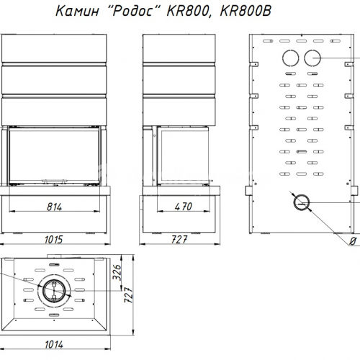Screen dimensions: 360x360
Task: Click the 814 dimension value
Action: point(54,207)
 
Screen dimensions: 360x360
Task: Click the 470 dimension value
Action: point(184,207)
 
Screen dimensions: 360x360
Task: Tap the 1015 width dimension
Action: point(54,240)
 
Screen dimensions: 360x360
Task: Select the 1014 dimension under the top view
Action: point(54,345)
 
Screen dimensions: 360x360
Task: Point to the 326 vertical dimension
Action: point(117,273)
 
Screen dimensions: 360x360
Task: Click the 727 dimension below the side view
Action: point(179,240)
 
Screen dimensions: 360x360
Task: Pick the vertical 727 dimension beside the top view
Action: point(129,294)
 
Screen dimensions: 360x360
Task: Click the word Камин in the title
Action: point(77,11)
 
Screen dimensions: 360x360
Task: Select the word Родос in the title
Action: point(132,11)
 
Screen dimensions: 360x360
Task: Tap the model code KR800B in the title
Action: point(246,11)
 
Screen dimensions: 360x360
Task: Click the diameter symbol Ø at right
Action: point(352,241)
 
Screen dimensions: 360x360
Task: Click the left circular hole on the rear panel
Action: point(291,58)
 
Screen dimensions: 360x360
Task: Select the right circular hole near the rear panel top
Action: point(312,58)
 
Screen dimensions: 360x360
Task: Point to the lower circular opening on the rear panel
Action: point(302,202)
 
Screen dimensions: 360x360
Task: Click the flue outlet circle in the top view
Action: point(54,290)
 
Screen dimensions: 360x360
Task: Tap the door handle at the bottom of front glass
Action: point(54,181)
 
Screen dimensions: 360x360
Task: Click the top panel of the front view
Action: point(54,48)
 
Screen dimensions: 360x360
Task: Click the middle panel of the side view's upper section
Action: point(179,80)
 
